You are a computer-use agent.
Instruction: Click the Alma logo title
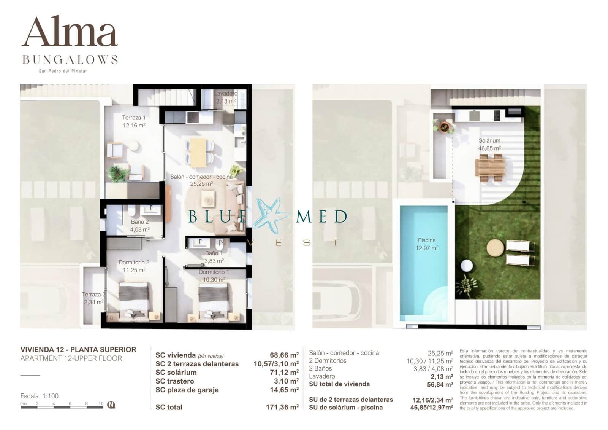point(70,32)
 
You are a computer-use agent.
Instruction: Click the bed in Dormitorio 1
point(214,299)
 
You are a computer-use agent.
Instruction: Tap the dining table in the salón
point(198,152)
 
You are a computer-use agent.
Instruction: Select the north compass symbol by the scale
point(111,405)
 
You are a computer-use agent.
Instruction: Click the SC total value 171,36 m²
point(282,407)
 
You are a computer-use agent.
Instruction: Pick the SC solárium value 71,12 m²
point(284,373)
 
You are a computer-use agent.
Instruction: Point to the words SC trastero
point(174,381)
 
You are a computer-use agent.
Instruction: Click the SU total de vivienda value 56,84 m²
point(440,384)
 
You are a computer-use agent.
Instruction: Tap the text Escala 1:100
point(40,396)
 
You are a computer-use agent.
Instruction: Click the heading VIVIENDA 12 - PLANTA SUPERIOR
point(78,350)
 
